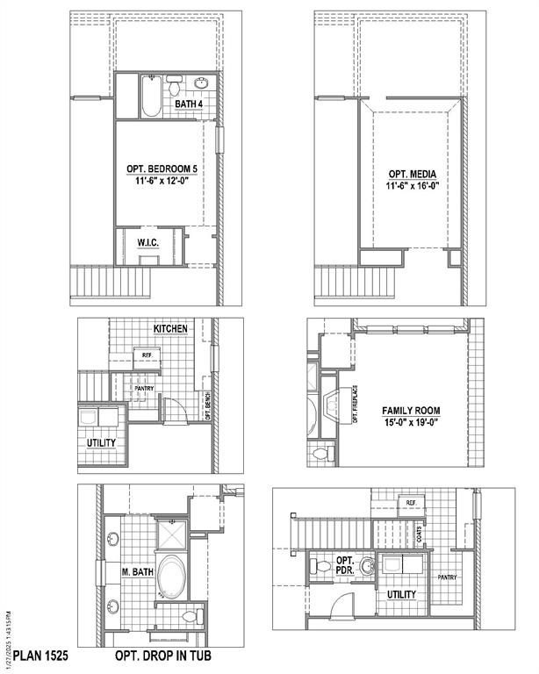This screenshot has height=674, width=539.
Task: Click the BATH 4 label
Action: (189, 104)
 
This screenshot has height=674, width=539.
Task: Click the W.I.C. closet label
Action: (147, 242)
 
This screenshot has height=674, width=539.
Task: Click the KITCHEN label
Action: (171, 328)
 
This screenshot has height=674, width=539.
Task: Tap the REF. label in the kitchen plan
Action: (146, 355)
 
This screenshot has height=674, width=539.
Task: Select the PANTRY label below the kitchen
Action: (144, 387)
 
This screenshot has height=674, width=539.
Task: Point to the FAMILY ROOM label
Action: (411, 411)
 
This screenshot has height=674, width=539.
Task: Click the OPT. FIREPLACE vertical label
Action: (356, 405)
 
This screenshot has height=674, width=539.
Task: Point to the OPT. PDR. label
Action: (345, 566)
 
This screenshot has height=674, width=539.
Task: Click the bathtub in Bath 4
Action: (149, 97)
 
